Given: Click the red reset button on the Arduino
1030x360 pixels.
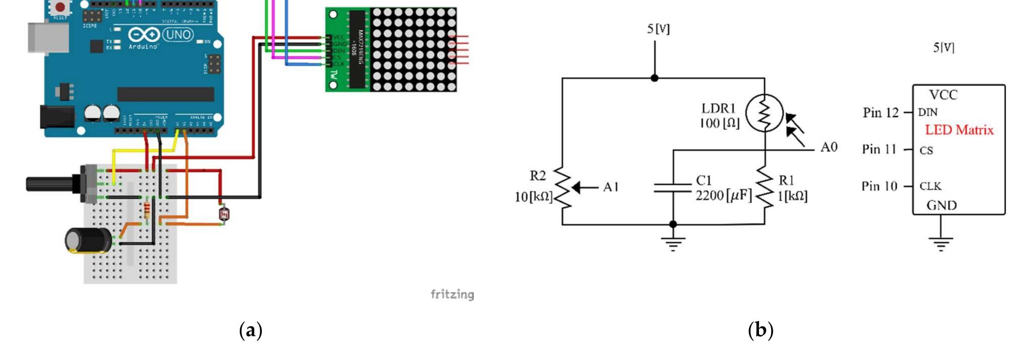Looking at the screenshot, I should [60, 7].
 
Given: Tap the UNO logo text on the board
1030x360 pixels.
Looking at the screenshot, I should [178, 35].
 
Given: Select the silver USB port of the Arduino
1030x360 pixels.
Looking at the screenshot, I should [48, 38].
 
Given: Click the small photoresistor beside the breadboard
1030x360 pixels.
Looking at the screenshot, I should [224, 215].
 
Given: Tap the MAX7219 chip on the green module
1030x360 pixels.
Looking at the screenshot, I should [357, 49].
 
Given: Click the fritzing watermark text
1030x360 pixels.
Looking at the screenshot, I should [452, 294].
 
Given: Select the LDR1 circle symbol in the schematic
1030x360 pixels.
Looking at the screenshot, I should [764, 114].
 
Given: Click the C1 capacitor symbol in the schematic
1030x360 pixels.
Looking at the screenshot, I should [673, 188].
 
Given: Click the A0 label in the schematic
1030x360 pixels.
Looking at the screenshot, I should [829, 147].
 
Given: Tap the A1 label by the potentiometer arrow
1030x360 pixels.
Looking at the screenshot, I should [611, 187].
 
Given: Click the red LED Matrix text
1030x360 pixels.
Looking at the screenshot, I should [959, 130].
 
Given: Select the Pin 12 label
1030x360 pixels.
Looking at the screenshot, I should [880, 113].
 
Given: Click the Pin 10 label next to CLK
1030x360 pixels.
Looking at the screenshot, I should [879, 187].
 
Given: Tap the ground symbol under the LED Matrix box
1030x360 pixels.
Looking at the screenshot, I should [941, 243].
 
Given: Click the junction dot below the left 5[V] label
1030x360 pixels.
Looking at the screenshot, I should [654, 78].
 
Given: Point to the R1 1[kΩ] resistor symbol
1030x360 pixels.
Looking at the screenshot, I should [765, 188].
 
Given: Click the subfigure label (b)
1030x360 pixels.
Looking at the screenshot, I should [761, 330].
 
